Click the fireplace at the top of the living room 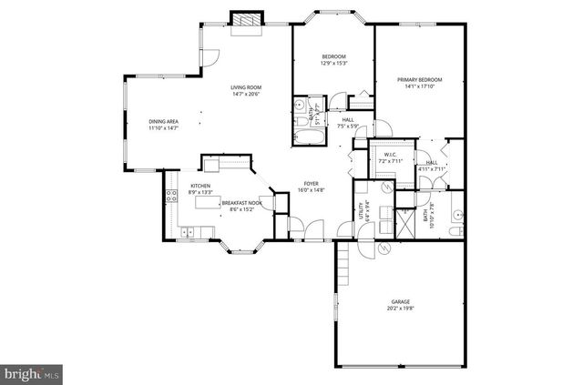click(246, 23)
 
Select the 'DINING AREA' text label click(163, 122)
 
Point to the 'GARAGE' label click(401, 301)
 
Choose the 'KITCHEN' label click(199, 186)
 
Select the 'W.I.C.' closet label click(389, 155)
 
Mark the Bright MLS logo click(32, 372)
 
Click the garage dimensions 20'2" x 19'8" click(401, 309)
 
